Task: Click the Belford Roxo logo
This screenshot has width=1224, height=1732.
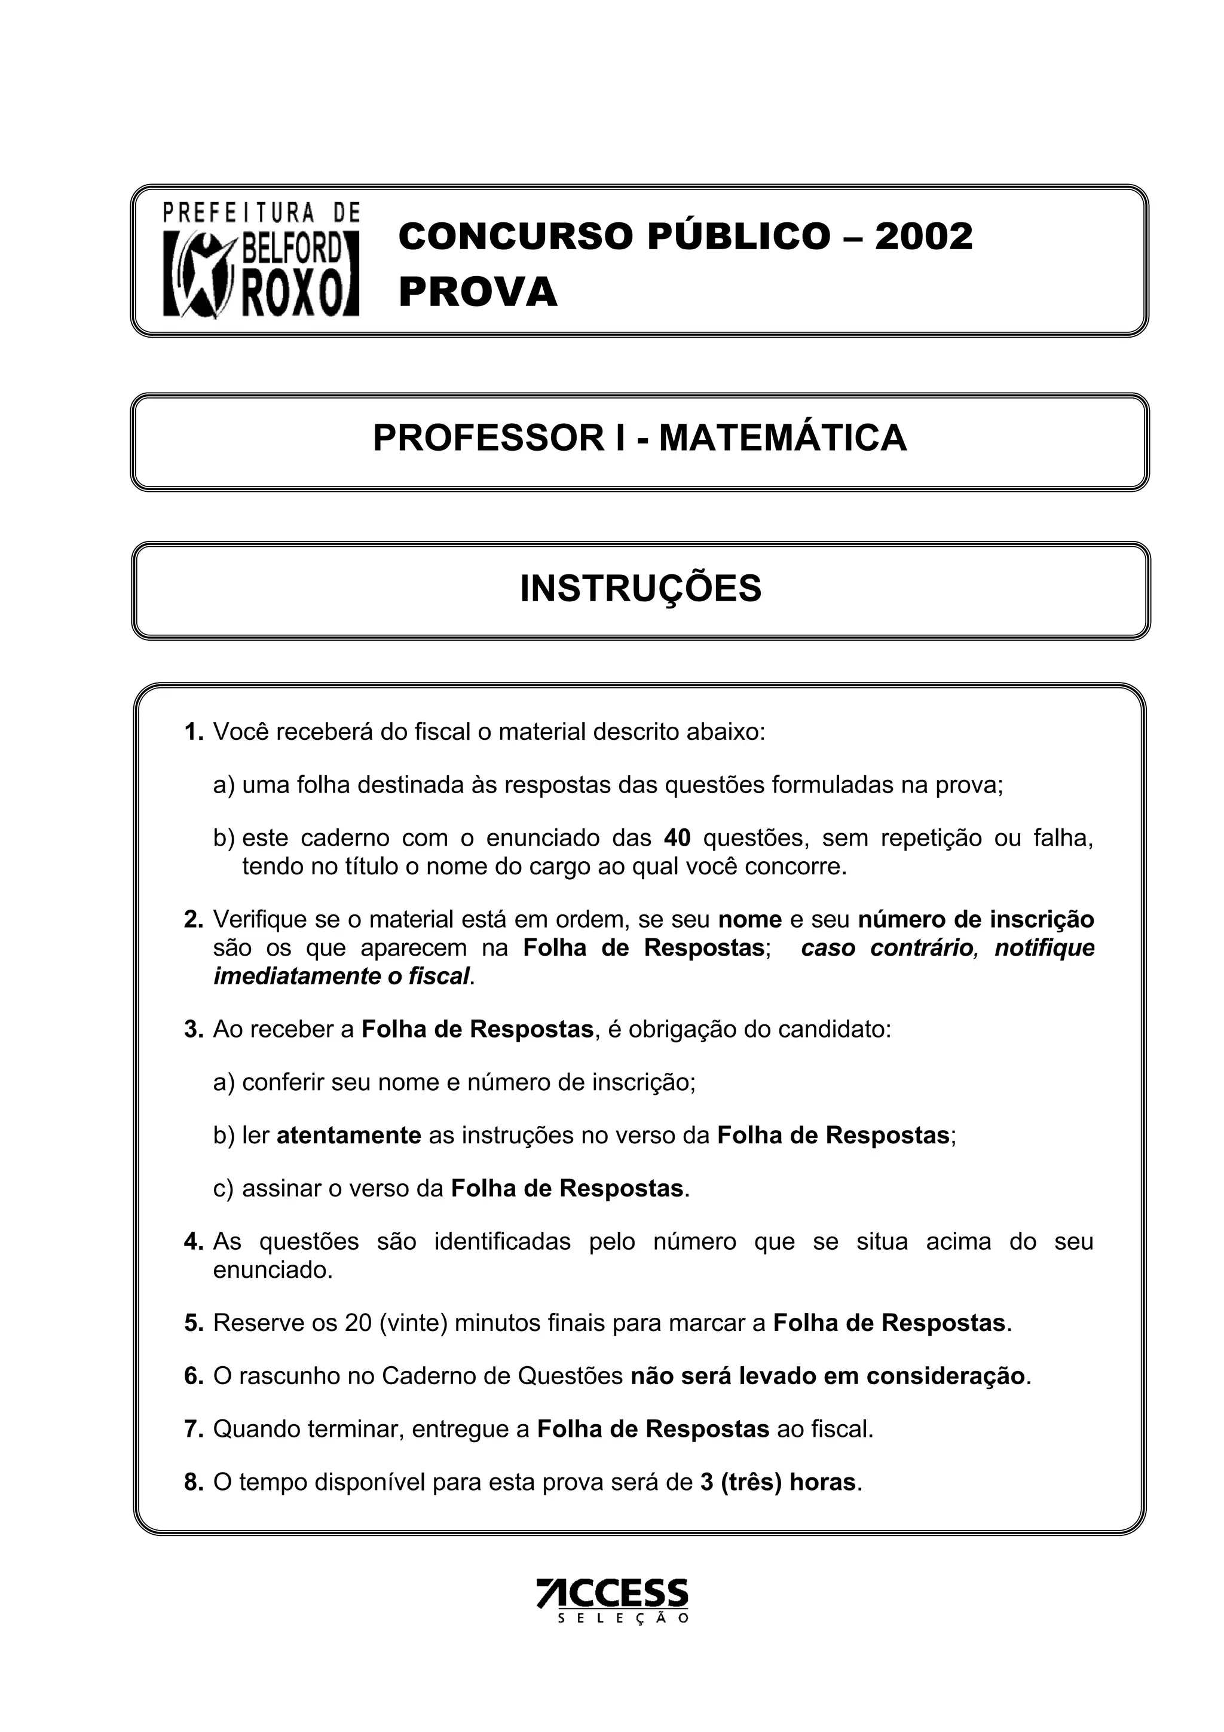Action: pos(261,260)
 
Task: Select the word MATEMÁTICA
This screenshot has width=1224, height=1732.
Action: pos(782,438)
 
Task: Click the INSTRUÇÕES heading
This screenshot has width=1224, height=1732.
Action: pos(640,589)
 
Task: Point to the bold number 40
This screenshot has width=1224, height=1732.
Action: pos(677,838)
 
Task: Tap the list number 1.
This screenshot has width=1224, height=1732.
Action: pos(193,732)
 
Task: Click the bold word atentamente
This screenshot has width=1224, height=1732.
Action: pos(348,1136)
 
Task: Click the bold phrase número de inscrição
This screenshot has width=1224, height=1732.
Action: pos(975,920)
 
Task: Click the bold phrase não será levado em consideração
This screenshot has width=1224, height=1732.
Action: pos(827,1376)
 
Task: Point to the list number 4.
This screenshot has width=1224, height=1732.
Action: pos(193,1241)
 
